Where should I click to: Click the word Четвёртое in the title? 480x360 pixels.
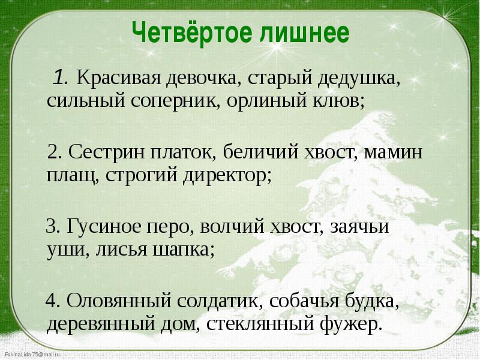[192, 32]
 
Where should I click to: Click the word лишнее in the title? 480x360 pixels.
[305, 33]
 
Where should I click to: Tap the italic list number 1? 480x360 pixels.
[61, 77]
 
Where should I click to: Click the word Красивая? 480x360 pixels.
[118, 78]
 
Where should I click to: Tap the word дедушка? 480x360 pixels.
[358, 79]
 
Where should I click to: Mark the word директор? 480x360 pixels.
[227, 176]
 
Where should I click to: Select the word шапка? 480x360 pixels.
[183, 250]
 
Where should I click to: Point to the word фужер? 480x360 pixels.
[351, 325]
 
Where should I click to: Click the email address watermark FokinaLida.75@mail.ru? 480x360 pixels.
[29, 355]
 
